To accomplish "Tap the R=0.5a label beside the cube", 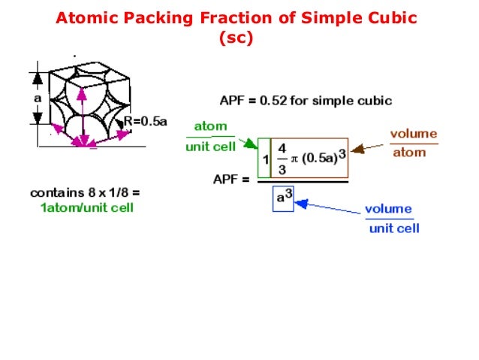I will click(x=145, y=120).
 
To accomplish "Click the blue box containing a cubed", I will click(x=282, y=198).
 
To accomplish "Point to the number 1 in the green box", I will click(x=266, y=160).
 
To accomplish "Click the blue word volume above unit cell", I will click(x=389, y=208).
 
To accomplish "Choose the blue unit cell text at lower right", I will click(x=393, y=228).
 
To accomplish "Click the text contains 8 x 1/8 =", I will click(x=84, y=192).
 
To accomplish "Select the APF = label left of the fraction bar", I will click(x=231, y=179).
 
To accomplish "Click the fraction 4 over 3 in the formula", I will click(x=282, y=159).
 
